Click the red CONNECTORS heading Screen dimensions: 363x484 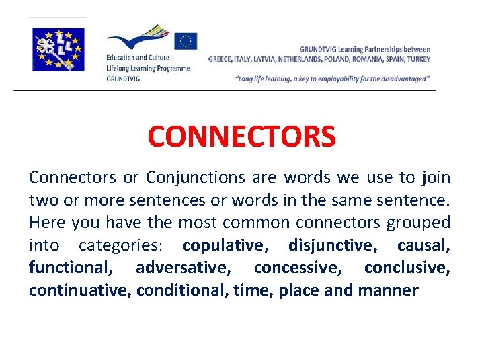pos(241,136)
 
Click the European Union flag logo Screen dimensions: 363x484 pos(185,42)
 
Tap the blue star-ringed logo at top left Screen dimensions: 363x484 pos(59,49)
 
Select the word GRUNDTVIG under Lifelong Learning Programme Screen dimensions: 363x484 pos(123,78)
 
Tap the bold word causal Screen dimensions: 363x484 pos(424,245)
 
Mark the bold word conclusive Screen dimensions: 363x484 pos(407,268)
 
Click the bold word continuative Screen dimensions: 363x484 pos(80,290)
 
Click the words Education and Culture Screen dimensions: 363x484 pos(137,58)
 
